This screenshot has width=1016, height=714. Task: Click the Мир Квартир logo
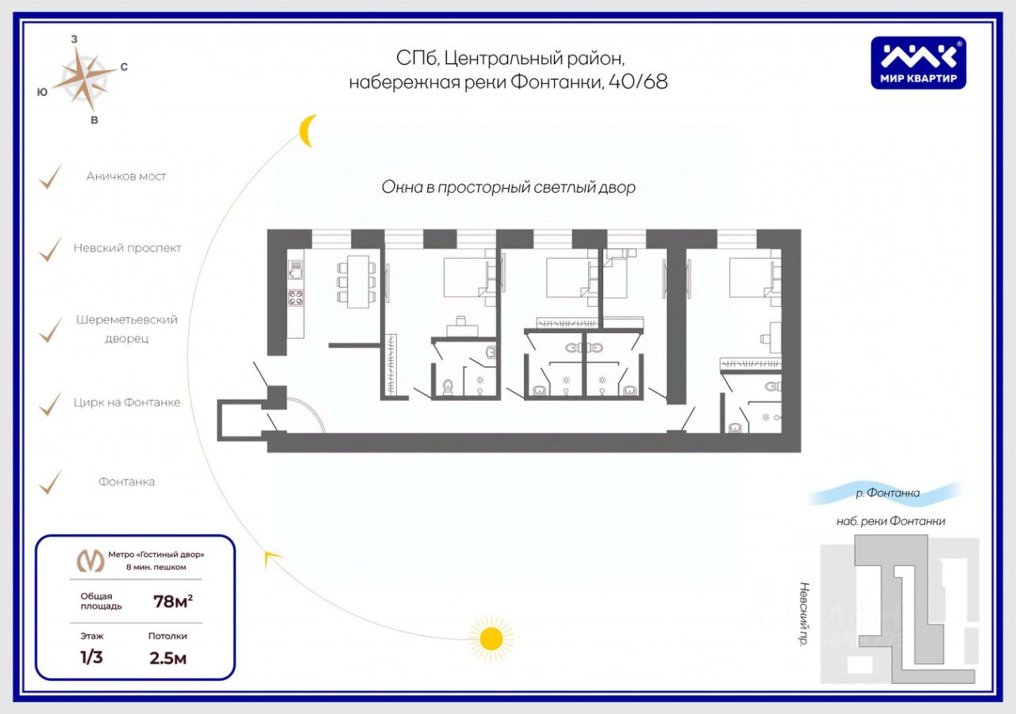[918, 63]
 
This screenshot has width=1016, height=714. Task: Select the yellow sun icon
[491, 638]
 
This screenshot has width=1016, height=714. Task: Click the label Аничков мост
[126, 176]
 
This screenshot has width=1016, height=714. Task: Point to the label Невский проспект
[128, 248]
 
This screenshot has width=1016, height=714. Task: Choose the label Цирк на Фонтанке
[128, 402]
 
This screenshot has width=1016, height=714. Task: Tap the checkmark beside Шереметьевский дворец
[51, 329]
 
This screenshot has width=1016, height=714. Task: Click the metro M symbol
[90, 560]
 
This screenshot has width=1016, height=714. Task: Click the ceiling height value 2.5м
[167, 658]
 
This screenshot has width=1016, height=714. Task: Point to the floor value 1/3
[92, 658]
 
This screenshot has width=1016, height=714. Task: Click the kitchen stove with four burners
[295, 298]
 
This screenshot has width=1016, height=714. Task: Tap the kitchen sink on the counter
[294, 272]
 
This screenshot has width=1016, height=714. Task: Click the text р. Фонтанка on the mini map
[887, 493]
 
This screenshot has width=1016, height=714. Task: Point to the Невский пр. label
[803, 615]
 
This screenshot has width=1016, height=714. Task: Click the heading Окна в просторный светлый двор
[509, 187]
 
